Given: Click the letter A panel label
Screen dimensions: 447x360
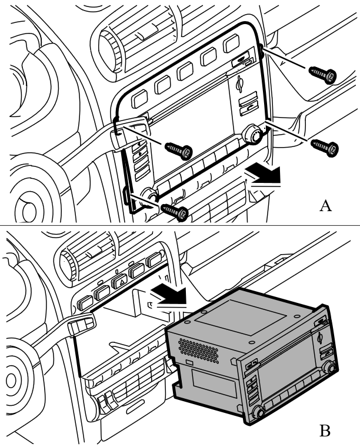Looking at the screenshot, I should tap(325, 205).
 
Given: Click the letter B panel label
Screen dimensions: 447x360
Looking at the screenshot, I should tap(325, 431).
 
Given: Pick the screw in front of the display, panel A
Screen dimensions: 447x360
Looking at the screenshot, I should tap(179, 151).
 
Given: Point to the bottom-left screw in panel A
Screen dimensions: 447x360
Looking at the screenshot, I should tap(174, 212).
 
